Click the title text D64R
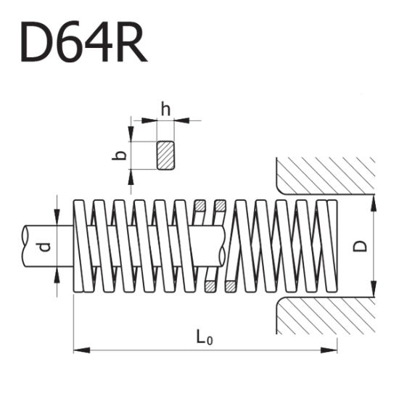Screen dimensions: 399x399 click(84, 42)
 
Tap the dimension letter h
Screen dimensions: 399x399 click(165, 110)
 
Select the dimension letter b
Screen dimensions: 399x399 click(123, 155)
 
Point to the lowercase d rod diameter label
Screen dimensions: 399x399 click(45, 247)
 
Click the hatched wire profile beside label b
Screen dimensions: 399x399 click(166, 155)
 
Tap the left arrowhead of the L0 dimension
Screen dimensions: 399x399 click(79, 351)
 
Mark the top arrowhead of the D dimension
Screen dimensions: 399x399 click(373, 201)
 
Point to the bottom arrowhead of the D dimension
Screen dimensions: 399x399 click(373, 292)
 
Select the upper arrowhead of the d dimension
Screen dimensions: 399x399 click(57, 218)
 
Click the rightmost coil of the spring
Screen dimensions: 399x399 click(332, 247)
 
